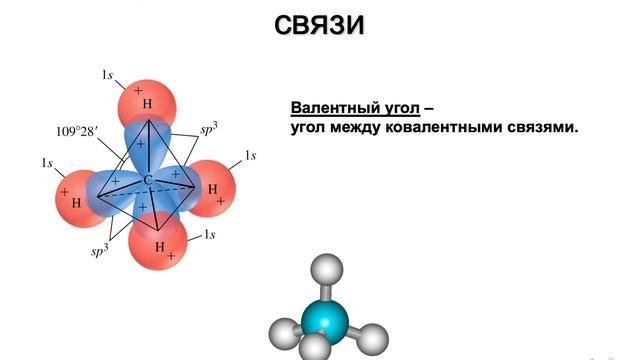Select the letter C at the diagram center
pyautogui.click(x=147, y=180)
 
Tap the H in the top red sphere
pyautogui.click(x=147, y=104)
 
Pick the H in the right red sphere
pyautogui.click(x=212, y=188)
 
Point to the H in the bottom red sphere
pyautogui.click(x=159, y=245)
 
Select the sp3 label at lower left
pyautogui.click(x=99, y=252)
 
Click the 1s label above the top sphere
pyautogui.click(x=107, y=75)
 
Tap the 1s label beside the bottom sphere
pyautogui.click(x=210, y=235)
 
